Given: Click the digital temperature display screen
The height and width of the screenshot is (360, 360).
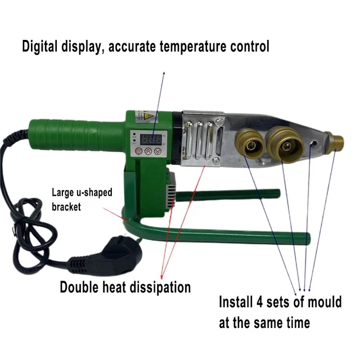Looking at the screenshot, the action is pos(151,139).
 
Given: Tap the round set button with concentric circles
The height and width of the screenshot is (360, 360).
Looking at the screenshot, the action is pos(139,151).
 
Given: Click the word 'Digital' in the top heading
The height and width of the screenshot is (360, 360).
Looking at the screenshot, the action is pos(40,46).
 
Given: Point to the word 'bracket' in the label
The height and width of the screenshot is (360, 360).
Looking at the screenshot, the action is pos(66,206).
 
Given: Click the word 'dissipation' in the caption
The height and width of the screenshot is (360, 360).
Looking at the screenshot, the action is pos(160,287).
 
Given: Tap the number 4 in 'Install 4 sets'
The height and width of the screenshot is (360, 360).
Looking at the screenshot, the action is pos(260,302).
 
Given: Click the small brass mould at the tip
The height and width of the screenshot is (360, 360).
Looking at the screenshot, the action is pos(335,141).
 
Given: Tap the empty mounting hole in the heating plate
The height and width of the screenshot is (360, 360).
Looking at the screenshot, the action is pos(314,144).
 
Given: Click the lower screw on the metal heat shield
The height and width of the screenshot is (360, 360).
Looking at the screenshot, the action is pos(216,160).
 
